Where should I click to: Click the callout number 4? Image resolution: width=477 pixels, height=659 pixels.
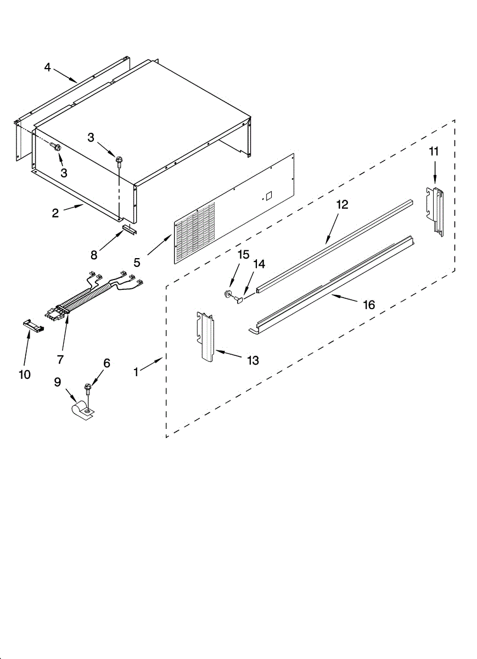pos(47,68)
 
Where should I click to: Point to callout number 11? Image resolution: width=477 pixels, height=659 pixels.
pos(434,152)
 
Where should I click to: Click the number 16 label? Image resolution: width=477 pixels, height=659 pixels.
pos(369,304)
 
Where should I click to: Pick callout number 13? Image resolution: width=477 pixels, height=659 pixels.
pos(252,360)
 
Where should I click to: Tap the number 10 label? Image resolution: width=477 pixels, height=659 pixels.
pos(25,374)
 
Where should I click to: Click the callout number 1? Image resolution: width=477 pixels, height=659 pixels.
pos(136,371)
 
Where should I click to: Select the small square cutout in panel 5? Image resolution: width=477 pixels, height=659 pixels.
pos(268,195)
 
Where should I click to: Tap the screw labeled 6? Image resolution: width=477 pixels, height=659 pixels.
pos(88,390)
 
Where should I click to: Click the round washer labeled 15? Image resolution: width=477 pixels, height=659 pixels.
pos(227,294)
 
